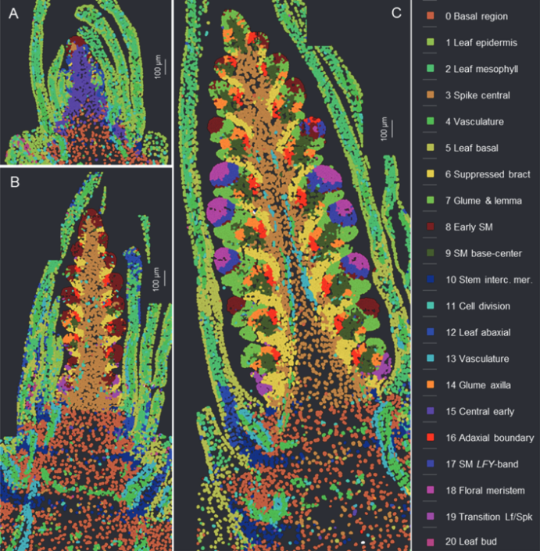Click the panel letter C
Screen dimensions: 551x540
coord(395,13)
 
